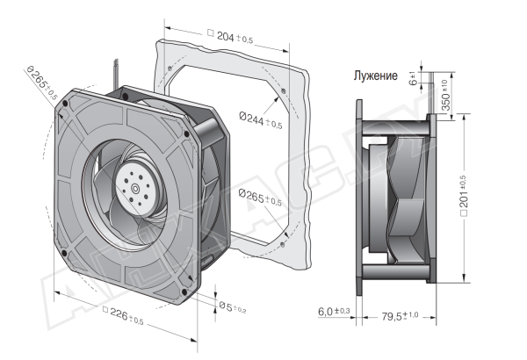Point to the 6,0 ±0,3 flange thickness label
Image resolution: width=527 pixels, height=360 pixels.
click(335, 313)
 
